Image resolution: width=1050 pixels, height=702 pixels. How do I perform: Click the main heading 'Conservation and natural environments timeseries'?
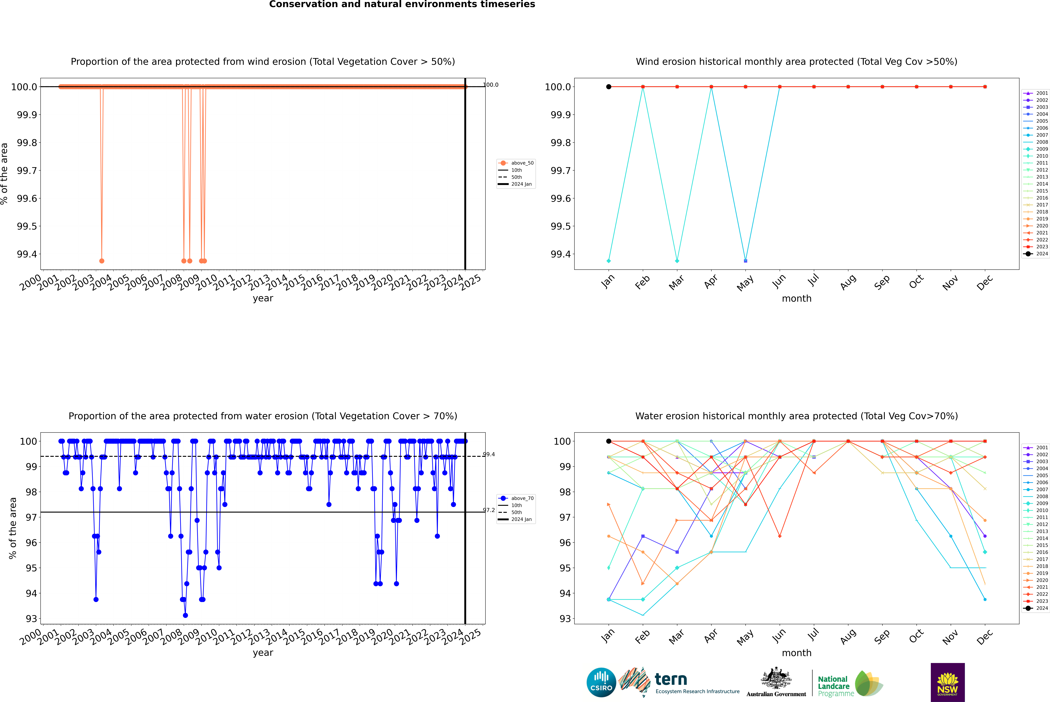pyautogui.click(x=402, y=4)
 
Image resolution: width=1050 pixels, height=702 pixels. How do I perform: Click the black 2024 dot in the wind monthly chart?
pyautogui.click(x=609, y=87)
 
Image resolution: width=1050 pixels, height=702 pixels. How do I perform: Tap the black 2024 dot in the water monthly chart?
pyautogui.click(x=609, y=441)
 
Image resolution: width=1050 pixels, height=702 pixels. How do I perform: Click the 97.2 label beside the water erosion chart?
pyautogui.click(x=489, y=510)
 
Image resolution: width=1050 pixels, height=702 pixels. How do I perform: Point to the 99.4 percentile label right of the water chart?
pyautogui.click(x=489, y=454)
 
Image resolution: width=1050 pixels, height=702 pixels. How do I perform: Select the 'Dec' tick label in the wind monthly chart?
pyautogui.click(x=985, y=283)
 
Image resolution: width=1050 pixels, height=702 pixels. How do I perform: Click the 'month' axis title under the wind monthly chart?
pyautogui.click(x=796, y=299)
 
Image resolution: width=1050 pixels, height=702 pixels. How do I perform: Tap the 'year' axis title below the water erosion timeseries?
pyautogui.click(x=263, y=653)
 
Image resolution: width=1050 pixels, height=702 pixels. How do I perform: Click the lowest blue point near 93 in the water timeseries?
pyautogui.click(x=185, y=615)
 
